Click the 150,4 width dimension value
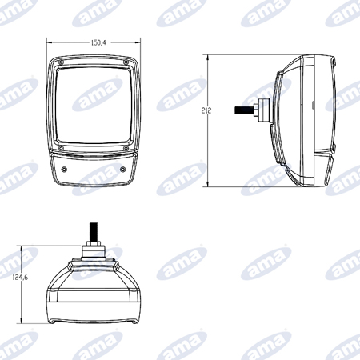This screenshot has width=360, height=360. click(x=98, y=42)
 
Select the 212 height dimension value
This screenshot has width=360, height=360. click(x=206, y=110)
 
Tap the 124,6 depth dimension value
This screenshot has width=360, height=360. click(x=20, y=278)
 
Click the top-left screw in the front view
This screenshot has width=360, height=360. click(x=61, y=62)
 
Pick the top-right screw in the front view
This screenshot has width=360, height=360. click(x=126, y=62)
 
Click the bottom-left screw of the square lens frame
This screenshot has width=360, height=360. click(x=61, y=148)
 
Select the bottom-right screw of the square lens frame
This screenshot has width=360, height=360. click(x=126, y=148)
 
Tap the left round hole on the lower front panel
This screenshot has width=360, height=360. click(x=64, y=170)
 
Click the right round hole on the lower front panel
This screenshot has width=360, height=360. click(x=122, y=170)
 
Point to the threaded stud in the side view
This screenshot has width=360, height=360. click(x=244, y=110)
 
